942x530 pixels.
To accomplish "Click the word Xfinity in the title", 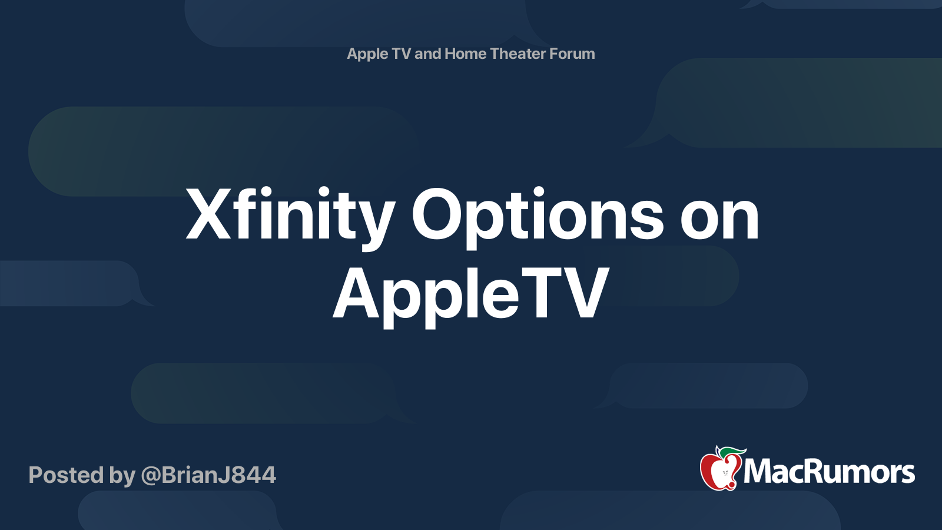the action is point(290,217).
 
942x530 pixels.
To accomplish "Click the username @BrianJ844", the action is point(208,475).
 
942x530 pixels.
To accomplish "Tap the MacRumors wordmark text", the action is point(829,472).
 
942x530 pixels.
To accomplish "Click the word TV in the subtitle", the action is point(401,54).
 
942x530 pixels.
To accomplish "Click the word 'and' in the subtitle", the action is point(427,54).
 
